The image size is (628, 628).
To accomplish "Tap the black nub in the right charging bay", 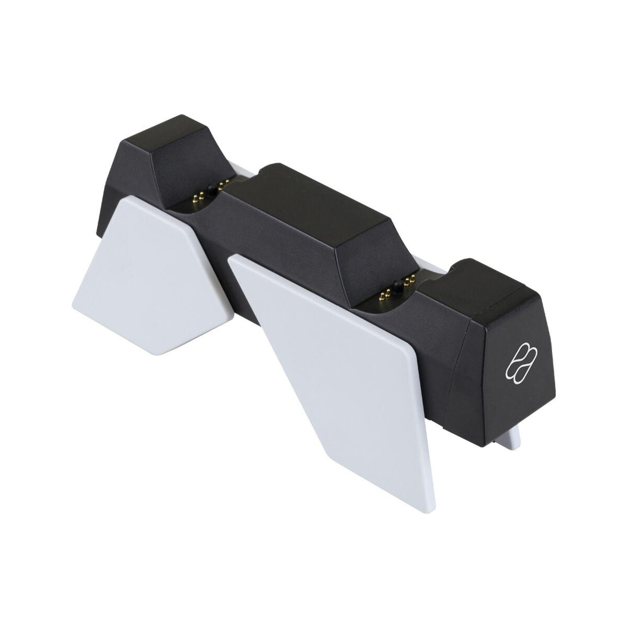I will coord(399,286).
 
